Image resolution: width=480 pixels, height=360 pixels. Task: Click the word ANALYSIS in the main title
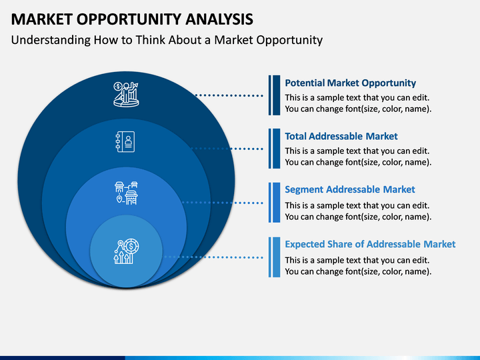219,19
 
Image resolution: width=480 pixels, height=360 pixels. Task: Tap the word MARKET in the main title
41,19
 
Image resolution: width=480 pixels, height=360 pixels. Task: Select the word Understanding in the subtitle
51,40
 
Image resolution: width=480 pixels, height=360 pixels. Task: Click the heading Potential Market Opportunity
350,83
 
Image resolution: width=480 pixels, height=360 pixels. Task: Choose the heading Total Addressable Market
341,136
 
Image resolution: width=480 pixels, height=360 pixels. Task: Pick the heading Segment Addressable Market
350,189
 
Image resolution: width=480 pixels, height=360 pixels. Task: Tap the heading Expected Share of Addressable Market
370,244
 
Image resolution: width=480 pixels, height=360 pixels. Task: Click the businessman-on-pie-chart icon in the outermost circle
126,95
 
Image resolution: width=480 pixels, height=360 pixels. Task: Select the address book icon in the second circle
125,142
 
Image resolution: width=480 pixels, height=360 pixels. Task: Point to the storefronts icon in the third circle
126,193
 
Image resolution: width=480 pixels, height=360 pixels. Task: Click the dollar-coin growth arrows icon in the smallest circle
126,251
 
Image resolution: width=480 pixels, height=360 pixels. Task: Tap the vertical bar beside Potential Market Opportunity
274,95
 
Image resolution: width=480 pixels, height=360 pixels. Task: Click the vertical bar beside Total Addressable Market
274,149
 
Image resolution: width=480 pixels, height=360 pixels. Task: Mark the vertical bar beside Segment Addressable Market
274,203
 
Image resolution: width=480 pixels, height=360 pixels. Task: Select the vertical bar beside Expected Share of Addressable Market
274,257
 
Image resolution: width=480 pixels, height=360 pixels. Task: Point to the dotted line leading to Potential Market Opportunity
229,95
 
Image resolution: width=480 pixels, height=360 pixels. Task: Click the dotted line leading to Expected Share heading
214,257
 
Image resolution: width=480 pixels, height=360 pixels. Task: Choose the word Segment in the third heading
304,190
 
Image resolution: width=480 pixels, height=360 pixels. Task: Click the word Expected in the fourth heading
305,244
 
